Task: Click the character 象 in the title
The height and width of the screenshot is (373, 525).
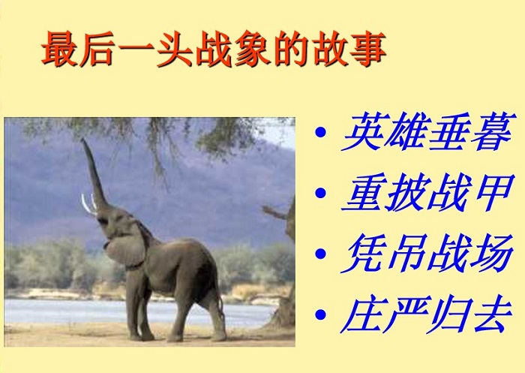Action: [x=253, y=49]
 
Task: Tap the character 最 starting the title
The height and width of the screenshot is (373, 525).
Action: [x=60, y=49]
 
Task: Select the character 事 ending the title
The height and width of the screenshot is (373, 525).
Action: [x=367, y=49]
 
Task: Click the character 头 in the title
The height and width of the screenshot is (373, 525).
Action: [x=175, y=49]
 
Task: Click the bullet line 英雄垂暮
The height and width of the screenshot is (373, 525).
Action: [x=427, y=131]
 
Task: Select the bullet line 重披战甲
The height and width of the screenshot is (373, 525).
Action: [x=427, y=193]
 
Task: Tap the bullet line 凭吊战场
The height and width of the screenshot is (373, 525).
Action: [x=427, y=254]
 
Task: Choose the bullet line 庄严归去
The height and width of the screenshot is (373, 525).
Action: [x=427, y=314]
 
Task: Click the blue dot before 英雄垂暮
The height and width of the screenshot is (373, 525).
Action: [x=320, y=131]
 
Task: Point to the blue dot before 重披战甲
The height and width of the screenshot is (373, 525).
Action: [x=320, y=193]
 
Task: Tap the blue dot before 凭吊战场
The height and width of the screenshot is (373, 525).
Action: [x=320, y=254]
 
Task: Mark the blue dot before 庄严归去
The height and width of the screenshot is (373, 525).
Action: [x=320, y=314]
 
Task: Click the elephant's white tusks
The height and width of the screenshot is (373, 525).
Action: [x=88, y=204]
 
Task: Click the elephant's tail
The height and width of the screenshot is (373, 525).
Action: [x=221, y=305]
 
